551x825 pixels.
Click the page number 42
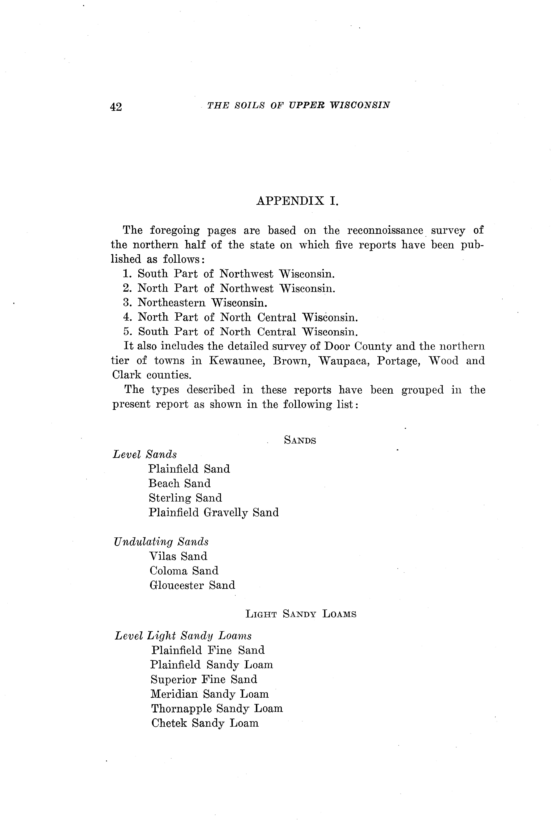coord(116,106)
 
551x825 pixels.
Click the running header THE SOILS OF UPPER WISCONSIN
coord(299,105)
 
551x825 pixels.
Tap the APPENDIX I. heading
coord(297,201)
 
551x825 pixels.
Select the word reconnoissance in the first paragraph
coord(385,231)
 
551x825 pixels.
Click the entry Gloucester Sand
coord(192,585)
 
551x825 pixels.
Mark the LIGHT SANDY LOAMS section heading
coord(301,614)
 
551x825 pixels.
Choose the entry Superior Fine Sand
coord(204,679)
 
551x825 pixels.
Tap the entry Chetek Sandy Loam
coord(205,723)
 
